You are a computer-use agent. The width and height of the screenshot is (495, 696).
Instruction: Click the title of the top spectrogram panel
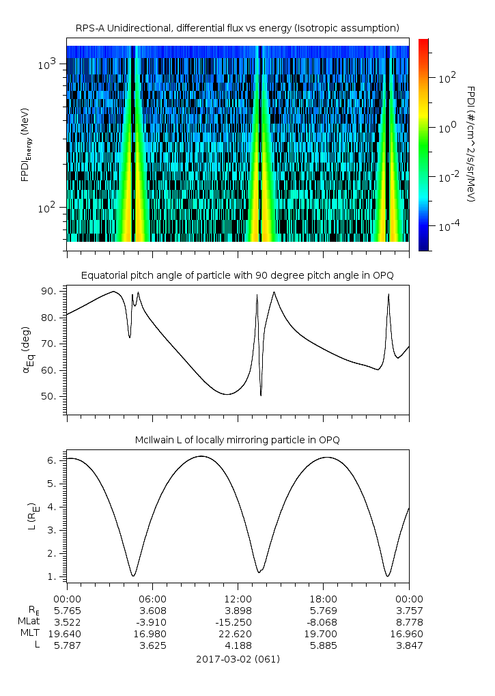(x=237, y=27)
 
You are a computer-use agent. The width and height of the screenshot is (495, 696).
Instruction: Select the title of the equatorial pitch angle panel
(x=237, y=275)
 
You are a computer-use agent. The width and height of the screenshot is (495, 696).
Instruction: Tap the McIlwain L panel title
(x=237, y=439)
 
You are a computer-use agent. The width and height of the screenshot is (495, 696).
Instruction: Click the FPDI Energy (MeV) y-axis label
(x=25, y=144)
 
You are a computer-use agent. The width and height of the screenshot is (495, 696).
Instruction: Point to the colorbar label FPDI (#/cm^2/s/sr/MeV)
(x=470, y=144)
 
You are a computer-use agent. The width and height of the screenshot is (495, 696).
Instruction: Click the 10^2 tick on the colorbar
(x=447, y=78)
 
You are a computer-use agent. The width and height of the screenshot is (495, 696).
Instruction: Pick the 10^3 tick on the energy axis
(x=48, y=64)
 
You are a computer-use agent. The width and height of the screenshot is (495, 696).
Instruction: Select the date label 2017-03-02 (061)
(x=237, y=659)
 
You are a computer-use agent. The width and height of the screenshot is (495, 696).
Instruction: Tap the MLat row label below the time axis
(x=29, y=622)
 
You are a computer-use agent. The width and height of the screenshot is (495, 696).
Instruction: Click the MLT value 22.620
(x=238, y=633)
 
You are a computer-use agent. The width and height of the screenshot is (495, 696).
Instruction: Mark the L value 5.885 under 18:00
(x=323, y=645)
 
